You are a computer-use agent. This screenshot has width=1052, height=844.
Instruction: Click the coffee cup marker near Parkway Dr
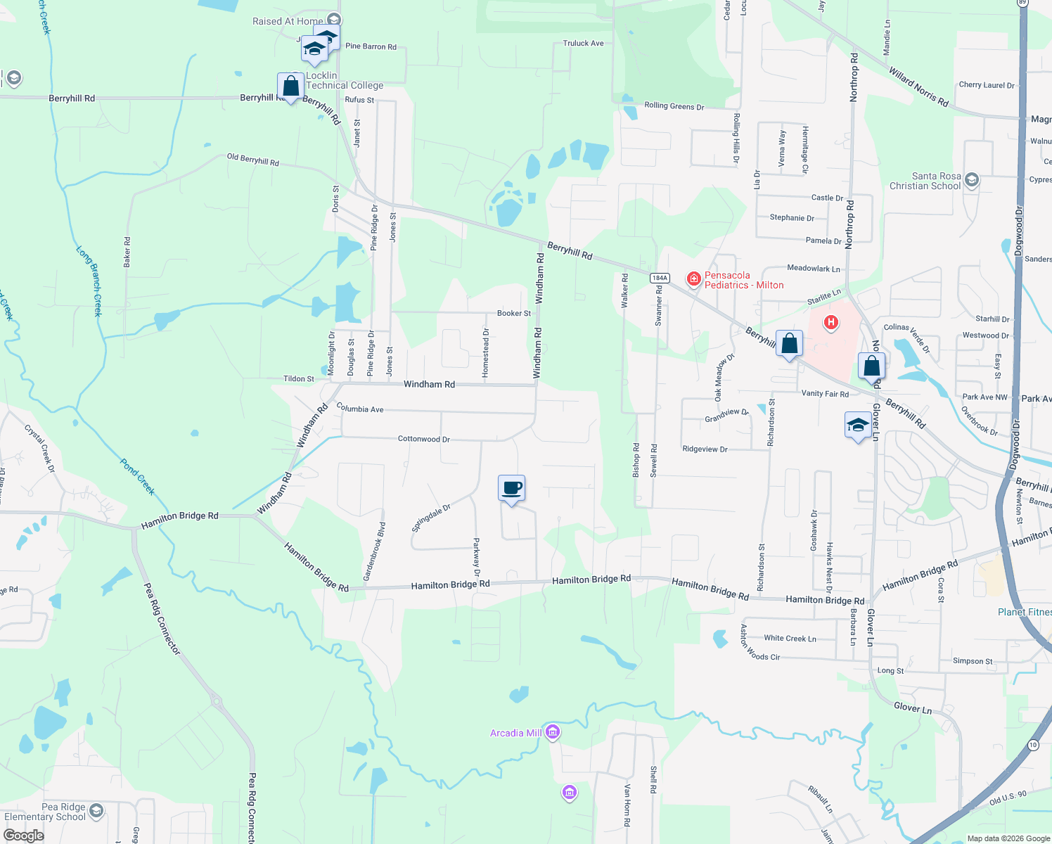click(512, 488)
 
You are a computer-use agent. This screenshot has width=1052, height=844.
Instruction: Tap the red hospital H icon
click(831, 323)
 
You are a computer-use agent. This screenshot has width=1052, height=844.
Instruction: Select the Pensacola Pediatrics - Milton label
click(744, 280)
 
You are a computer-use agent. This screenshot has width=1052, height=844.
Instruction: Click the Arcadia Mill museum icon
click(553, 733)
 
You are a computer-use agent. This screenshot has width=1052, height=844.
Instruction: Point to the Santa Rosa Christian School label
click(925, 181)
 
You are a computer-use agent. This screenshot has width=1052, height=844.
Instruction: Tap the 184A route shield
click(659, 278)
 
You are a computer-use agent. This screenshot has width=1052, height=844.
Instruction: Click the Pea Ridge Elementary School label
click(45, 812)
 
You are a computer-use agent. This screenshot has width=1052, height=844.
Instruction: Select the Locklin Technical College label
click(345, 80)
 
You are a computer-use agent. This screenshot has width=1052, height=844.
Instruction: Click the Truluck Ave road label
click(583, 44)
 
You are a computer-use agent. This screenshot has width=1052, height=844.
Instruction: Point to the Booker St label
click(514, 313)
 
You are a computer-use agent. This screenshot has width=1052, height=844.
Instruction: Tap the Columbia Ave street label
click(360, 409)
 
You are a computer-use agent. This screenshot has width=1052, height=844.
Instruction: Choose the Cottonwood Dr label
click(423, 439)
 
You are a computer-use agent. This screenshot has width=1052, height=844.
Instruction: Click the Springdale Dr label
click(431, 518)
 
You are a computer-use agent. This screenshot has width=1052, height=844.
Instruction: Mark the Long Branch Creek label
click(89, 281)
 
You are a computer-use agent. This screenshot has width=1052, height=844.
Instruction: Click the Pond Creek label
click(137, 477)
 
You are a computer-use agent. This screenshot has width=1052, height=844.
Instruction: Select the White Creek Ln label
click(790, 639)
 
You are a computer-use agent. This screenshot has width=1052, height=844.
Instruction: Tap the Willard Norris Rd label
click(918, 87)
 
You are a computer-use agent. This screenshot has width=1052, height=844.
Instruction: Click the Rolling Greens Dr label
click(674, 106)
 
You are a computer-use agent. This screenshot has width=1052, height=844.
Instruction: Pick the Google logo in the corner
click(23, 835)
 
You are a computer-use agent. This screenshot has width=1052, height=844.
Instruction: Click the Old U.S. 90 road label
click(1008, 798)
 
